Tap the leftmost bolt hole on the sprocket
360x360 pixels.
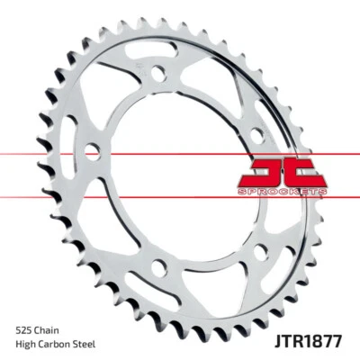click(92, 151)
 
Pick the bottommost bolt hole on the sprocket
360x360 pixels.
click(159, 266)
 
